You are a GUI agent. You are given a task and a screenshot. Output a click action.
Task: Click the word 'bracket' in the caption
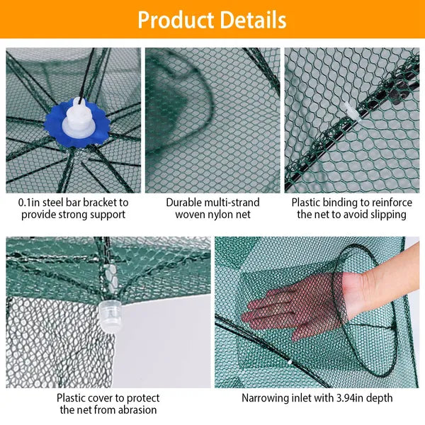click(x=106, y=202)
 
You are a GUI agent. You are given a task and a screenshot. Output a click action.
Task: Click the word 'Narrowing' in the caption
click(x=266, y=398)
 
